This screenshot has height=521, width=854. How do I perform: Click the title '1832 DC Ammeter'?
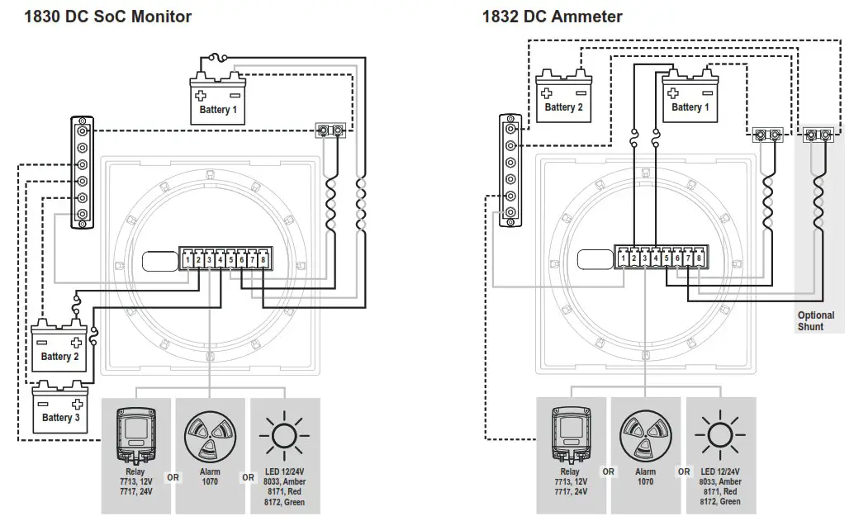[552, 17]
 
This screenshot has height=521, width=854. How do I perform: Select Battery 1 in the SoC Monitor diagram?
[218, 101]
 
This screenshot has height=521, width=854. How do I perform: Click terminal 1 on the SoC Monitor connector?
[188, 260]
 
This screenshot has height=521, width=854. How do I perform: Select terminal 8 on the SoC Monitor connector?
[263, 260]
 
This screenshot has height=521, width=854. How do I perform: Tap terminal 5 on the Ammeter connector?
[667, 259]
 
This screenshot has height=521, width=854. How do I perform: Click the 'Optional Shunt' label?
[815, 321]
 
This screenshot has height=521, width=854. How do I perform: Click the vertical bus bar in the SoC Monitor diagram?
[82, 172]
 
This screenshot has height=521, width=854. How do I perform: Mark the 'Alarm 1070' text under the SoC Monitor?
[210, 477]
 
